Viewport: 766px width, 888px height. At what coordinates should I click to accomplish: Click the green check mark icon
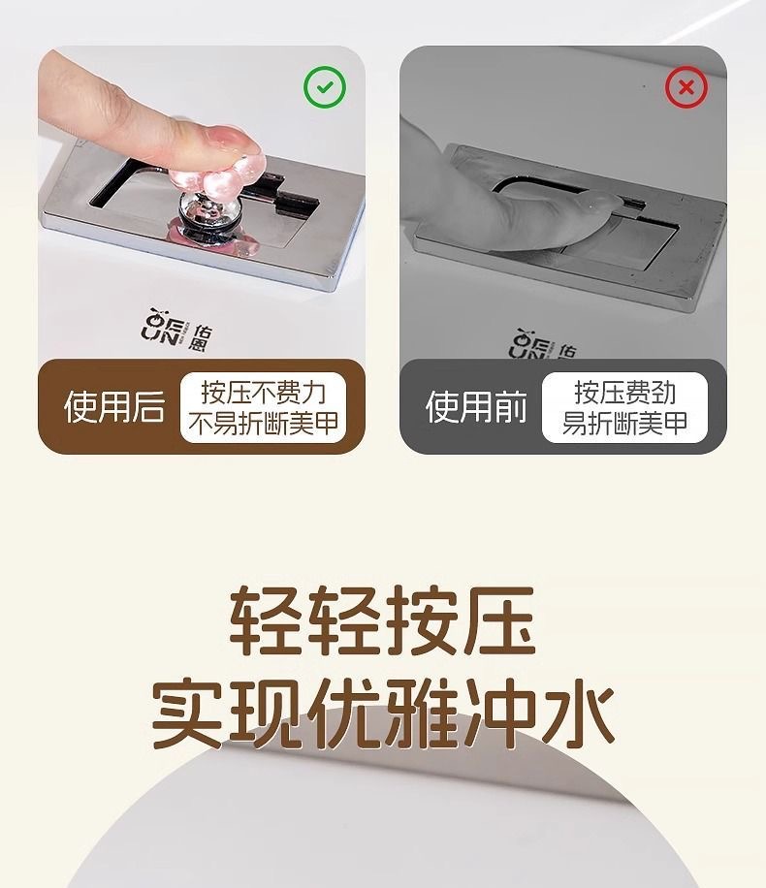pos(324,87)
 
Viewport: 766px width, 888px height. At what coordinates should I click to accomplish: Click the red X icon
pos(686,87)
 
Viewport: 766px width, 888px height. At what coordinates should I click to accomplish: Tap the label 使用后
pos(114,406)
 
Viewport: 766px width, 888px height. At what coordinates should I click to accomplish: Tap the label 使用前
pos(476,406)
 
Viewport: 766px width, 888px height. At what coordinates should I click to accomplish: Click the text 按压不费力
pos(264,392)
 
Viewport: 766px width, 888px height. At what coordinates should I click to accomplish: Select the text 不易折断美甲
pos(264,423)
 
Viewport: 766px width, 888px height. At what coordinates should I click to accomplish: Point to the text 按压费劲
pos(625,392)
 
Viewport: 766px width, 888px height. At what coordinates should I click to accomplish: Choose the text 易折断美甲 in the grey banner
pos(625,423)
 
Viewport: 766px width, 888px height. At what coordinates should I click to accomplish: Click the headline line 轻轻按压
pos(382,620)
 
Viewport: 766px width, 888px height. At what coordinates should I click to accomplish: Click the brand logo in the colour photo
pos(176,330)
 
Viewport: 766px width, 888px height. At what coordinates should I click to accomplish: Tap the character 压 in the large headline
pos(499,620)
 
